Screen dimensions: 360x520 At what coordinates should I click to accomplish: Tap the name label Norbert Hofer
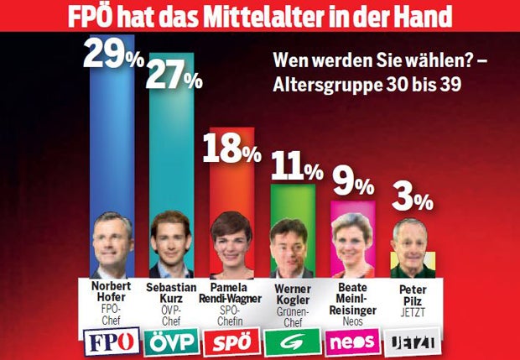click(111, 290)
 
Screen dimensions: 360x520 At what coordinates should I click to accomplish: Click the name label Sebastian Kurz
click(171, 290)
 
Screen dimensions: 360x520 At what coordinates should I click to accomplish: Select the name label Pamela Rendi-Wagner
click(231, 290)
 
